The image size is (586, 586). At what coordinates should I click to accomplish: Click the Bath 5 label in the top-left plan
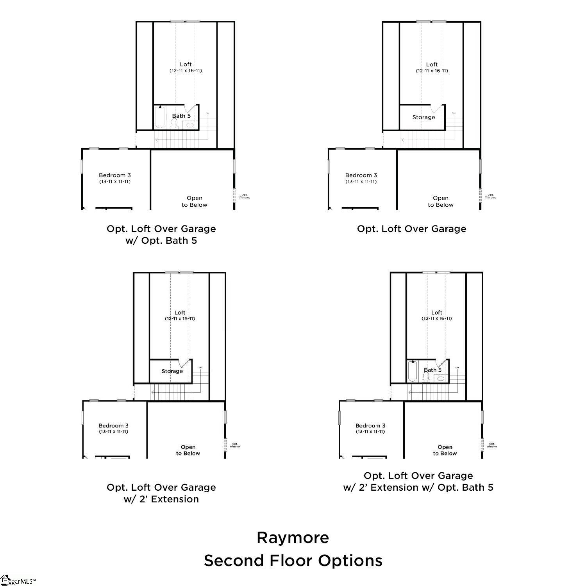pos(181,116)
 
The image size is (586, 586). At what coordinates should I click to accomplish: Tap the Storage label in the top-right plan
pos(423,117)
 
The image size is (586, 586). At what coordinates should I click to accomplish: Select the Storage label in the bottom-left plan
pos(172,371)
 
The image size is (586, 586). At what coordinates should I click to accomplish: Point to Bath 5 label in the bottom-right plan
pos(432,370)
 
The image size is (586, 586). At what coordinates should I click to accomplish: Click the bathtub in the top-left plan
pos(159,118)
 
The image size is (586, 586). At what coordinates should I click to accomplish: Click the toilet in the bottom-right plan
pos(426,377)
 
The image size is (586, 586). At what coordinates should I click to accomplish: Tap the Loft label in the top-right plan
pos(432,64)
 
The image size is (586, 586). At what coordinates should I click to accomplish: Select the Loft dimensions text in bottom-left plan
pos(180,318)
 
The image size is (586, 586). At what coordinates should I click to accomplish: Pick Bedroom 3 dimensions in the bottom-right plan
pos(370,432)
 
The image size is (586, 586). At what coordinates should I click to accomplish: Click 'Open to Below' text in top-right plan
pos(440,202)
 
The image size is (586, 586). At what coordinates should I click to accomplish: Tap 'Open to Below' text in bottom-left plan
pos(188,450)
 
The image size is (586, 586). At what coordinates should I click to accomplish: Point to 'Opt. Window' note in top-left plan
pos(245,196)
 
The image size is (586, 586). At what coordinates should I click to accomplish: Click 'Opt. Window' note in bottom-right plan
pos(492,445)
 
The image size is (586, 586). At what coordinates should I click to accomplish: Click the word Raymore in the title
pos(293,538)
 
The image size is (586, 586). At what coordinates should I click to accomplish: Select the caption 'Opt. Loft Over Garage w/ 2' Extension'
pos(161,493)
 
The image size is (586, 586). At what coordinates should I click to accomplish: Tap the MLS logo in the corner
pos(18,581)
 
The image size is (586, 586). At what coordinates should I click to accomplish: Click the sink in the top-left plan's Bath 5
pos(190,125)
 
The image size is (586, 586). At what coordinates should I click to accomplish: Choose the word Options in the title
pos(350,561)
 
